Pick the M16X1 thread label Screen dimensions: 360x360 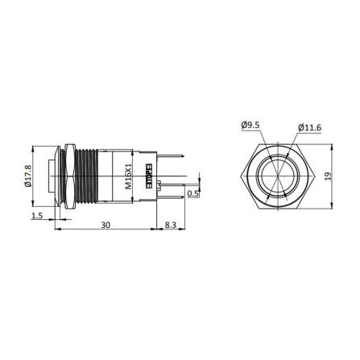[128, 173]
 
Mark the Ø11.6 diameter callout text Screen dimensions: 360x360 [310, 126]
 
